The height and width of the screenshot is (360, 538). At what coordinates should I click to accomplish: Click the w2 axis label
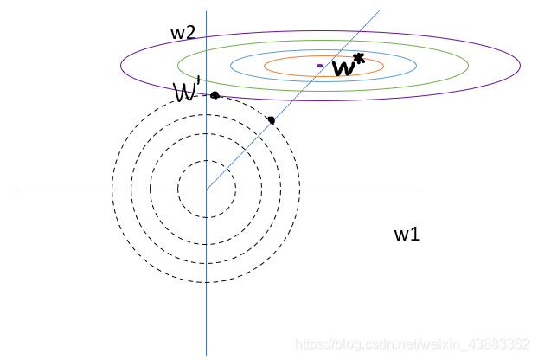(x=182, y=33)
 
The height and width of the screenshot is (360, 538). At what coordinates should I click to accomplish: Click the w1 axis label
(x=407, y=234)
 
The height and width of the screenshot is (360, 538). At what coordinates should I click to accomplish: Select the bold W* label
(x=348, y=66)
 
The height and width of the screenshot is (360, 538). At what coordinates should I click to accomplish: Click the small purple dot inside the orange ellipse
(x=320, y=66)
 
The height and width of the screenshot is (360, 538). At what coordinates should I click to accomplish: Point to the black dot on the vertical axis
(x=215, y=94)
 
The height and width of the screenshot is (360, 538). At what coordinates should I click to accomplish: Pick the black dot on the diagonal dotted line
(x=272, y=119)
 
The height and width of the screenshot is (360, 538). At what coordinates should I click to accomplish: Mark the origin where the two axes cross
(x=207, y=190)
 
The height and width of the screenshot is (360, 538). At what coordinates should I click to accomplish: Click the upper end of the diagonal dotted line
(x=380, y=10)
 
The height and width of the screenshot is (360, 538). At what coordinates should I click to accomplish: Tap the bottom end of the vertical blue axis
(x=207, y=354)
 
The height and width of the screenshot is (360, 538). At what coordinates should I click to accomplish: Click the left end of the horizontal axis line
(x=19, y=190)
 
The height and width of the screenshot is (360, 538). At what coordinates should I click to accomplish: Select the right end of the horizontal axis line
(x=421, y=190)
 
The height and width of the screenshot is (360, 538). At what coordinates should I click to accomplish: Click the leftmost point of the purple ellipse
(x=120, y=66)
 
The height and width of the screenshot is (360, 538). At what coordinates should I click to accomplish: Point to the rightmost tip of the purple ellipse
(x=520, y=66)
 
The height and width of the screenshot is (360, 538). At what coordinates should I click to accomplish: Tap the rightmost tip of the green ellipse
(x=469, y=66)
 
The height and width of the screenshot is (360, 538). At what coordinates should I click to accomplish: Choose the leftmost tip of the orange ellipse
(x=264, y=66)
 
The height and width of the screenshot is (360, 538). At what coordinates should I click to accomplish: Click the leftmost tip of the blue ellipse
(x=231, y=66)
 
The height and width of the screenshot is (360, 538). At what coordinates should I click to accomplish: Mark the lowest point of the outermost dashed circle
(x=207, y=284)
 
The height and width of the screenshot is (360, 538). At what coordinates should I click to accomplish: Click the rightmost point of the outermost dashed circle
(x=300, y=190)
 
